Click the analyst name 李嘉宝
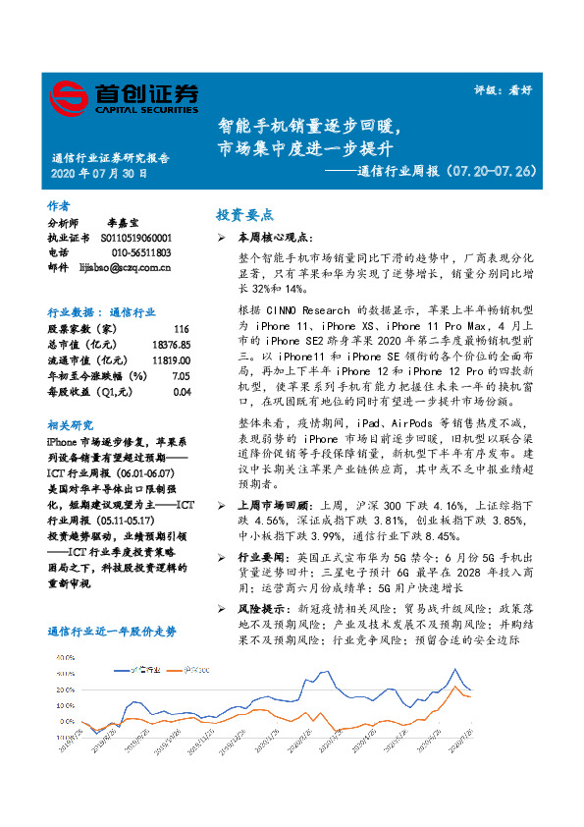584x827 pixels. click(x=123, y=224)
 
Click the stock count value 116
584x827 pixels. click(x=181, y=327)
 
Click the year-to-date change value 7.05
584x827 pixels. click(x=180, y=376)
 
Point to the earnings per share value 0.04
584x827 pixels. click(x=180, y=392)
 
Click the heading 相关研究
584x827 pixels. click(x=70, y=424)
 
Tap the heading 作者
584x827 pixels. click(x=59, y=206)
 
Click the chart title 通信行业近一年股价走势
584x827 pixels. click(x=112, y=632)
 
